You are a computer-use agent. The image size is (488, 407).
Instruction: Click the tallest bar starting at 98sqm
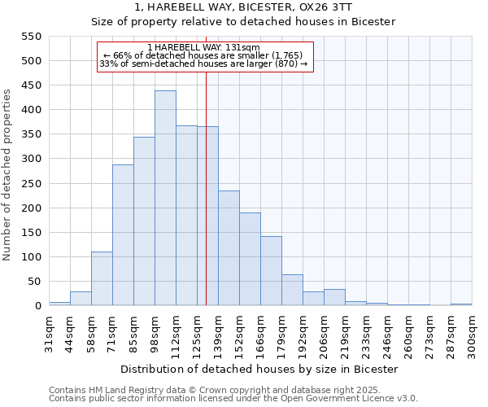coord(165,199)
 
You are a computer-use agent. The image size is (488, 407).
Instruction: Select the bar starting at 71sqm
coord(123,235)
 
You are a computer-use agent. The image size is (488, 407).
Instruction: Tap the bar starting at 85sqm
coord(144,221)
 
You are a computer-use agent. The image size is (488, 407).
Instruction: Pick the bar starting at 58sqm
coord(102,279)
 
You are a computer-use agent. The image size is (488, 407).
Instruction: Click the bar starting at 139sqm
coord(229,248)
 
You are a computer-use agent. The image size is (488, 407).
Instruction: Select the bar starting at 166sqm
coord(271,271)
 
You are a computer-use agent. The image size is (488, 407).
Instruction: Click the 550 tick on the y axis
coord(30,37)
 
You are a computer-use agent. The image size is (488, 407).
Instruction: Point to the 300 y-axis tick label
coord(30,160)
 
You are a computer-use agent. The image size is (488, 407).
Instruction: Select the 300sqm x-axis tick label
coord(472,333)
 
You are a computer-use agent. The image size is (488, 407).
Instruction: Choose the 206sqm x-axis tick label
coord(324,333)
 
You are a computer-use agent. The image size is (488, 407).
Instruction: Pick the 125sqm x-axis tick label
coord(197,333)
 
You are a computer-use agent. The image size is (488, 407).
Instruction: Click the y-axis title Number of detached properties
coord(8,174)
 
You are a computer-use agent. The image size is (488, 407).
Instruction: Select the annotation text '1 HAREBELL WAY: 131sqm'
coord(204,47)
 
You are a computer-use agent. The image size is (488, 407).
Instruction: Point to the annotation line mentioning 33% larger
coord(203,63)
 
